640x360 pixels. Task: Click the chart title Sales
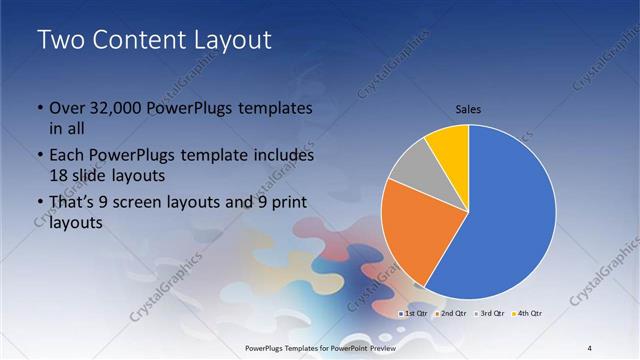[469, 108]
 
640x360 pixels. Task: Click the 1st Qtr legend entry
[415, 314]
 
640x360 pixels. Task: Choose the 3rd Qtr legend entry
[491, 314]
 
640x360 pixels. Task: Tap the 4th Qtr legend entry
[528, 314]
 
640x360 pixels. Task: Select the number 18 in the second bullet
[60, 175]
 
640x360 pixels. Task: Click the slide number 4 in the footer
[589, 347]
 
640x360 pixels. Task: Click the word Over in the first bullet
[67, 108]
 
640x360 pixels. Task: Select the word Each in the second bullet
[67, 156]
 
